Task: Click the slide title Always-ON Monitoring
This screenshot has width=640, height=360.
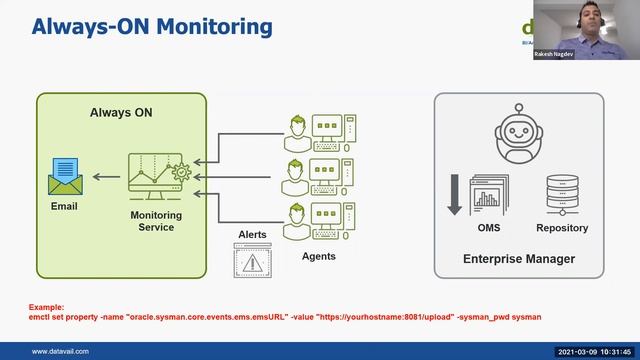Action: point(151,26)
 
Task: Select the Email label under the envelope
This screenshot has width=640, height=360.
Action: point(64,207)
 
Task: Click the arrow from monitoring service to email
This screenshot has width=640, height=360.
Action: point(104,179)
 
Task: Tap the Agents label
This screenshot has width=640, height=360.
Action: point(319,256)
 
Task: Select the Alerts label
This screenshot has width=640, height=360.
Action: point(252,235)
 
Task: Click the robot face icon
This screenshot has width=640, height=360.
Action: point(518,131)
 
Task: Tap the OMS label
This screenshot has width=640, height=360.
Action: point(490,228)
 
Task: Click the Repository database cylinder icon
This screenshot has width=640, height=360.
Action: point(561,193)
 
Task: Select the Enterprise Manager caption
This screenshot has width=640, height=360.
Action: point(518,259)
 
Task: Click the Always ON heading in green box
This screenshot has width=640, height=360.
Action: point(121,113)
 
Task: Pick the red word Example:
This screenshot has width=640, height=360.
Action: point(46,308)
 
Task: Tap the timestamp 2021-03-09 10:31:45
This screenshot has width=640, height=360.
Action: point(594,351)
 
